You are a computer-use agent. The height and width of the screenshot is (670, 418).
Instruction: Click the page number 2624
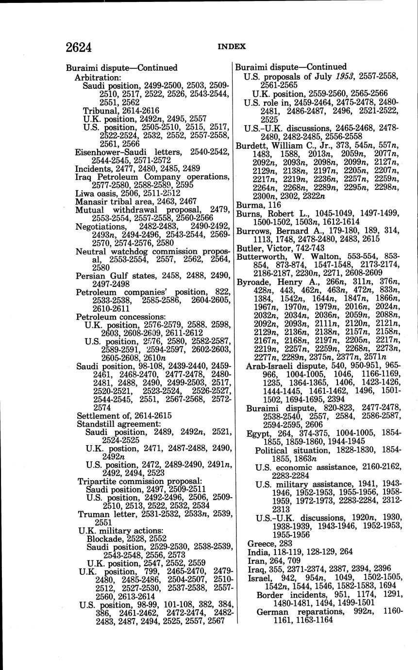click(x=79, y=48)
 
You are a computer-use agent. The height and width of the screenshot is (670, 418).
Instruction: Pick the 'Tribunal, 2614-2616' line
click(x=120, y=110)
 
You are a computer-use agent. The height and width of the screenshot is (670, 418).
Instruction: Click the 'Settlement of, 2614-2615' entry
click(x=124, y=416)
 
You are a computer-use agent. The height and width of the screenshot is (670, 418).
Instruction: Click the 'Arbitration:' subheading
click(x=98, y=77)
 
